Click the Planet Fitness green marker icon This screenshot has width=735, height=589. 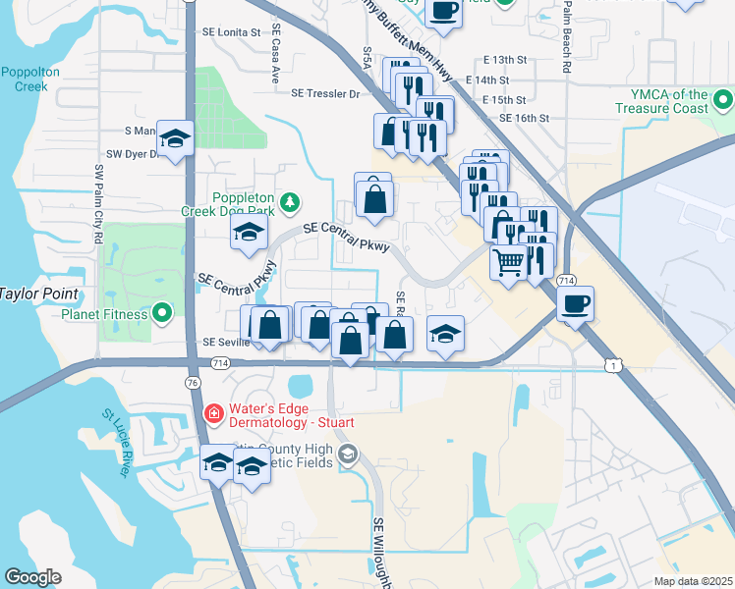coord(164,314)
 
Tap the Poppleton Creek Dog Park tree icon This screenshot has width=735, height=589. coord(289,203)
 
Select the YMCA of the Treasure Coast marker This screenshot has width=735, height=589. coord(723,101)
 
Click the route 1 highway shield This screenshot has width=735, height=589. coord(614,365)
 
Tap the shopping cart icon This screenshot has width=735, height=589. coord(508,262)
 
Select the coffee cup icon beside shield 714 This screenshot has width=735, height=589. coord(575,302)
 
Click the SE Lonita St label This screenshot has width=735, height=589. coord(233,32)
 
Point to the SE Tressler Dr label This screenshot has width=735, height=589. coord(326,94)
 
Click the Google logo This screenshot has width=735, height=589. coord(33,577)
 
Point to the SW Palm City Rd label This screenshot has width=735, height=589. coord(99,202)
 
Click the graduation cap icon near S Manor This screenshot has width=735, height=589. coord(175,138)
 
